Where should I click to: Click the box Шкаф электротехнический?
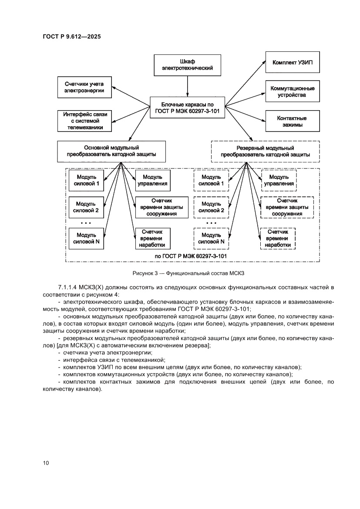click(187, 65)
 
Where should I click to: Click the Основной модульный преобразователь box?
click(111, 151)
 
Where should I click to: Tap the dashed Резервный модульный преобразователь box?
click(265, 151)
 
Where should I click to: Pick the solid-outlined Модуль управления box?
click(152, 180)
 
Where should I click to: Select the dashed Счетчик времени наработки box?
click(277, 239)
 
